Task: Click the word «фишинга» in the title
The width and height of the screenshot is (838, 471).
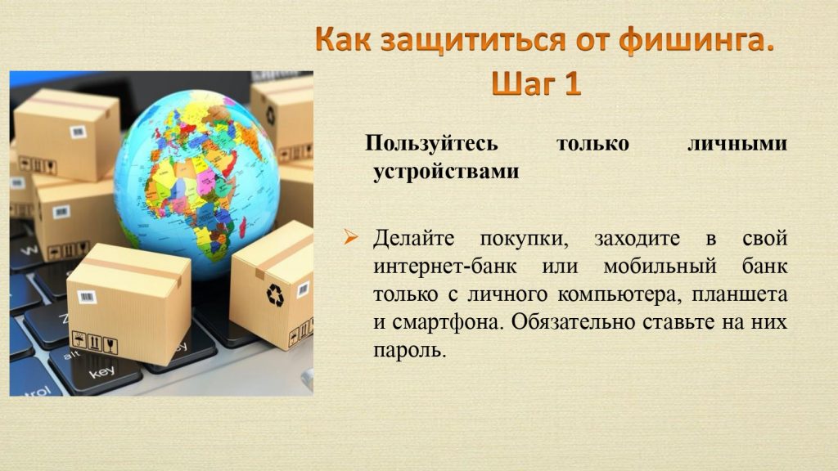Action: coord(696,41)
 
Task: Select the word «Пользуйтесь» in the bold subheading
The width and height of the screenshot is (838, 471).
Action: coord(431,144)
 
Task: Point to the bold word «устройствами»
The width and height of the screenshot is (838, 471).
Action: coord(446,172)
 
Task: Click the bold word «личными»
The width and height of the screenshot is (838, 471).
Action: coord(737,143)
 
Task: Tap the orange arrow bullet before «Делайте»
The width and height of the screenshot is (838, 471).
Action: coord(350,236)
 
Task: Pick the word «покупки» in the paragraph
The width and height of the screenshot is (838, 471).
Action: coord(524,239)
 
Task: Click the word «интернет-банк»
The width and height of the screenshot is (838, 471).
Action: coord(444,266)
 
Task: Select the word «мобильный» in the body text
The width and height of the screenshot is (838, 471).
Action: coord(660,266)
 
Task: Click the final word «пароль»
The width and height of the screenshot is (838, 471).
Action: coord(409,351)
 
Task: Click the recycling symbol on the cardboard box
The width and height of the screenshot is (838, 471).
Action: coord(275,294)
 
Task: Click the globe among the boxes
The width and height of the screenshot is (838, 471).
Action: coord(196,183)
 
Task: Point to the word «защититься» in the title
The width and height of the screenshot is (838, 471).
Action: coord(473,42)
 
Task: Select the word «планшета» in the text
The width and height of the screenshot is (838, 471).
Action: coord(740,294)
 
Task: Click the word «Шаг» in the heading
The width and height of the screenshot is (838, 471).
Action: coord(523,84)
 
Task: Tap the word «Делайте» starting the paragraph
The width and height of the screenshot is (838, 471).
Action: coord(413,238)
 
